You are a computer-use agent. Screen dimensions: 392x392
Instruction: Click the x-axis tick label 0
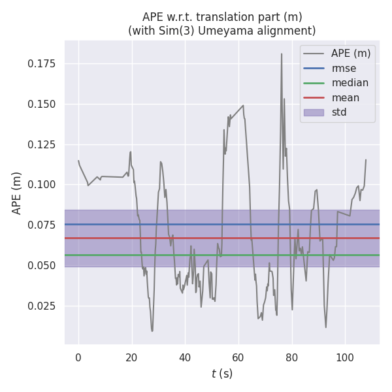click(x=78, y=357)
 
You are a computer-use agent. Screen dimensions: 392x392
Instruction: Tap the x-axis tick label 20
click(x=131, y=357)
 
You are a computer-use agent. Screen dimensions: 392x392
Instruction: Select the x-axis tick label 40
click(x=185, y=357)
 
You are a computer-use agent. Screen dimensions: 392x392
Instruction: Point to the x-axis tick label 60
click(x=238, y=357)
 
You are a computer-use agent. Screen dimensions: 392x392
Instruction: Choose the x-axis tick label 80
click(x=291, y=357)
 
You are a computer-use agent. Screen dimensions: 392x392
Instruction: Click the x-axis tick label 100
click(x=344, y=357)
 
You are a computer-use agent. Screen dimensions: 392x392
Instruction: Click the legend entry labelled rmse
click(x=344, y=69)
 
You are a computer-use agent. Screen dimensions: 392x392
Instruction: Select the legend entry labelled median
click(x=350, y=83)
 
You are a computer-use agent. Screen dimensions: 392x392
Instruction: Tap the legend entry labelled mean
click(x=346, y=98)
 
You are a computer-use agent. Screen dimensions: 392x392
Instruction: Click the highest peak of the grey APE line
click(x=282, y=54)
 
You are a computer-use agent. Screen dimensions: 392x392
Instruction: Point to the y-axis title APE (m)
click(x=18, y=193)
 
